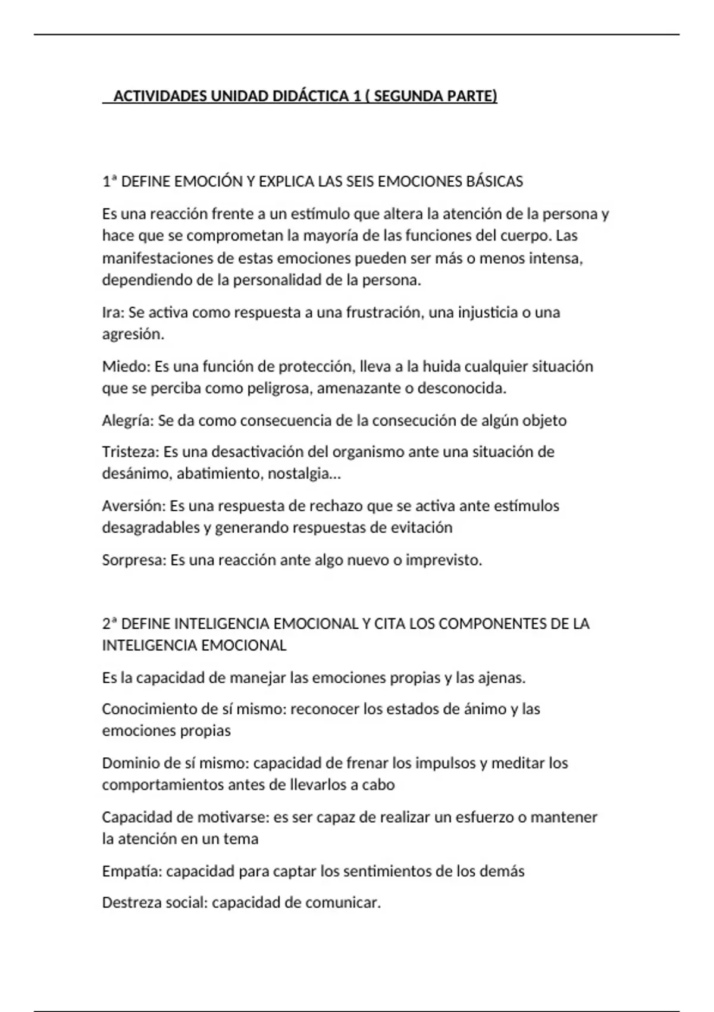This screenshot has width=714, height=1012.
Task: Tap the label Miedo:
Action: click(x=126, y=366)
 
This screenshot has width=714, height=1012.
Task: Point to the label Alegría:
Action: click(x=128, y=421)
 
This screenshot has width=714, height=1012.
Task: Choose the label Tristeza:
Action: click(x=131, y=452)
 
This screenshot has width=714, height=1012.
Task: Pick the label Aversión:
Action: click(x=134, y=506)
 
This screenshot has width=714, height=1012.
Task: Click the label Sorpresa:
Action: click(x=134, y=560)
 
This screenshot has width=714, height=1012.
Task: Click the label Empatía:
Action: click(x=131, y=872)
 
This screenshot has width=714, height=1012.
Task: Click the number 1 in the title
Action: click(x=356, y=96)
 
